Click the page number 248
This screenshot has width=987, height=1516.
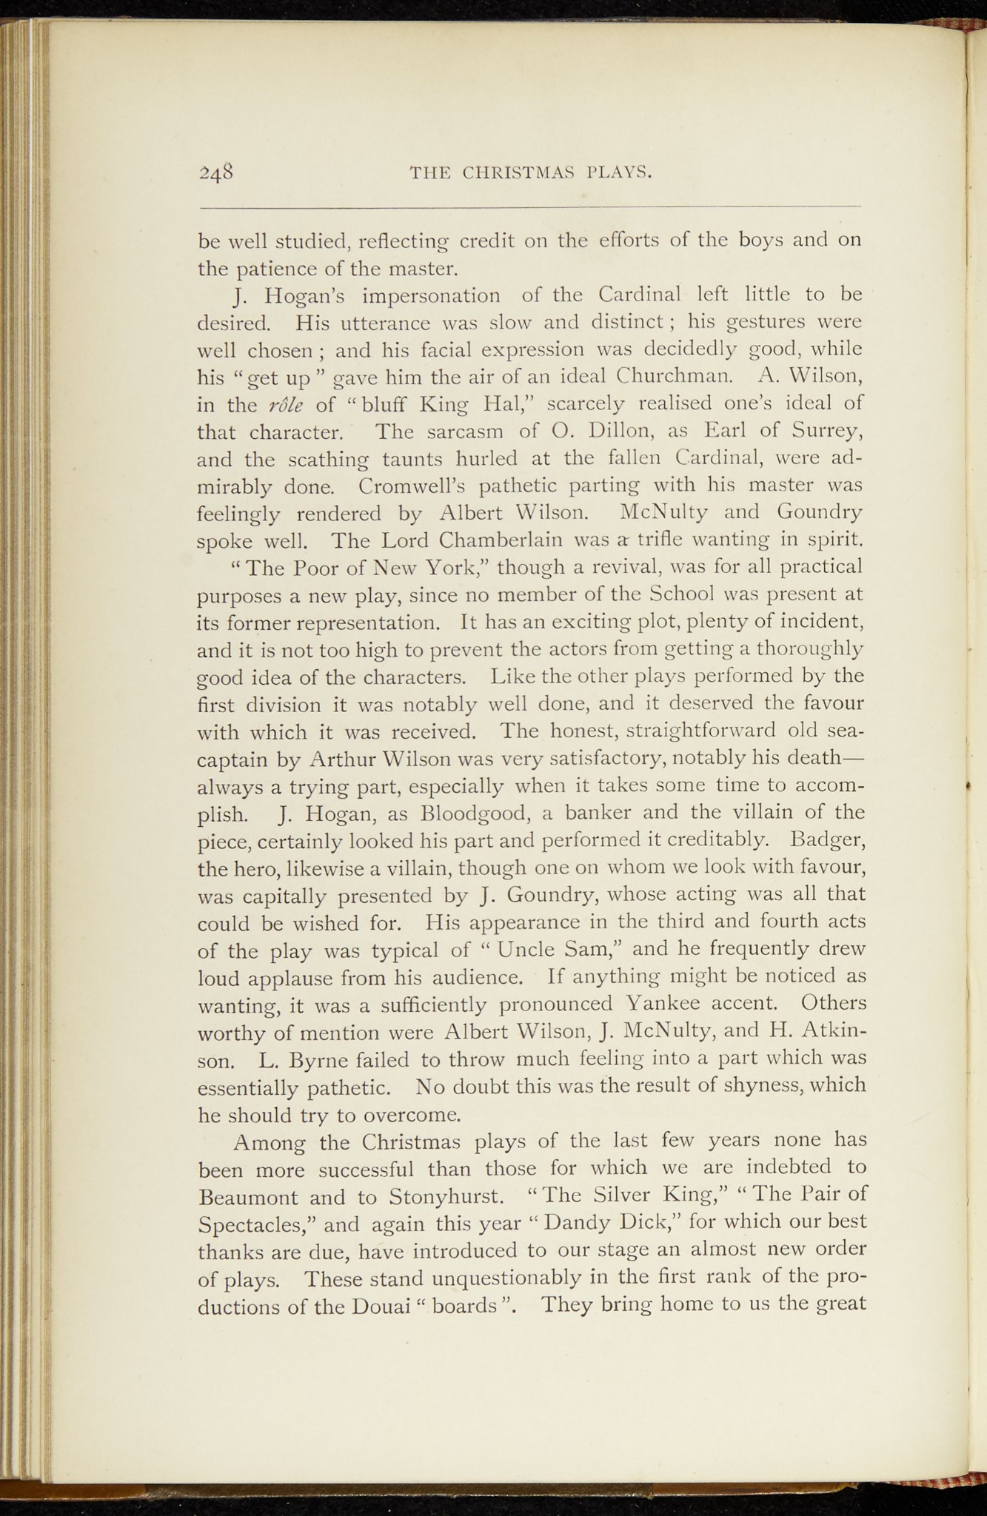click(x=216, y=173)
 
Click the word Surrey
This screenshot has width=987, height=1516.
click(x=826, y=431)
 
